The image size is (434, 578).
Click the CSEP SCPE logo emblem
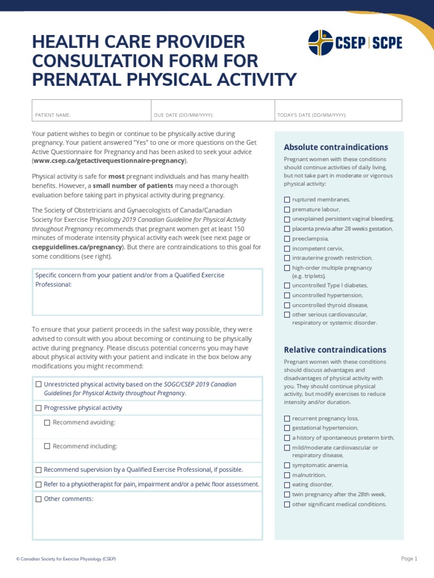pos(320,43)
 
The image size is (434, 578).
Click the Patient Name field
pos(91,111)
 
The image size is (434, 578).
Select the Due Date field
pos(212,111)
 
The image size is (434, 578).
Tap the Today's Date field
pos(338,111)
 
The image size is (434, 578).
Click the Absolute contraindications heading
pos(336,147)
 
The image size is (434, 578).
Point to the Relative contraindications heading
pos(335,350)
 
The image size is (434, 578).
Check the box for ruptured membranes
pos(287,200)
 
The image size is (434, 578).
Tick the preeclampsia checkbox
pos(287,239)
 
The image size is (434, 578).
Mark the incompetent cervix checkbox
pos(287,248)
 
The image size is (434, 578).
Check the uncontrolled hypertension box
pos(287,295)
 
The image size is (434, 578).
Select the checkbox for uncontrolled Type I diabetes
pos(287,286)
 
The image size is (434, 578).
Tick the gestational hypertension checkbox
pos(287,428)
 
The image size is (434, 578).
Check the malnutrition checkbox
pos(287,475)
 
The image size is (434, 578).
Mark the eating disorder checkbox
pos(287,485)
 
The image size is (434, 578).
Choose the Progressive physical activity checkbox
pos(38,408)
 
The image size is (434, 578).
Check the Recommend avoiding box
pos(47,423)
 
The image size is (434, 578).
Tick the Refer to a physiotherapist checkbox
pos(38,484)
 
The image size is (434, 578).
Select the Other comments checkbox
pos(38,499)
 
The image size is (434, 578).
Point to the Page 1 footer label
pos(409,559)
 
